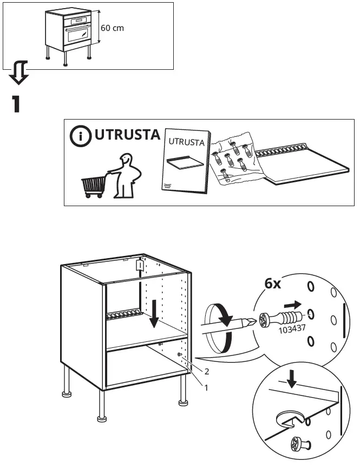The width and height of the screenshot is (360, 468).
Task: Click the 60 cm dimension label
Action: coord(113,28)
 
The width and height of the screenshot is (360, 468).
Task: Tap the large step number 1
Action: coord(17,103)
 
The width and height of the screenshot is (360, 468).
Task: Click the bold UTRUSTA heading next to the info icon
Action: coord(127,135)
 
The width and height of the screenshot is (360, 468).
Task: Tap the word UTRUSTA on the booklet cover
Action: coord(187,143)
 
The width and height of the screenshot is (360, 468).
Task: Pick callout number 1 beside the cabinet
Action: coord(205,387)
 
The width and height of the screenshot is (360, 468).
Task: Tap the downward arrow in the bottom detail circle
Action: coord(293,380)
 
